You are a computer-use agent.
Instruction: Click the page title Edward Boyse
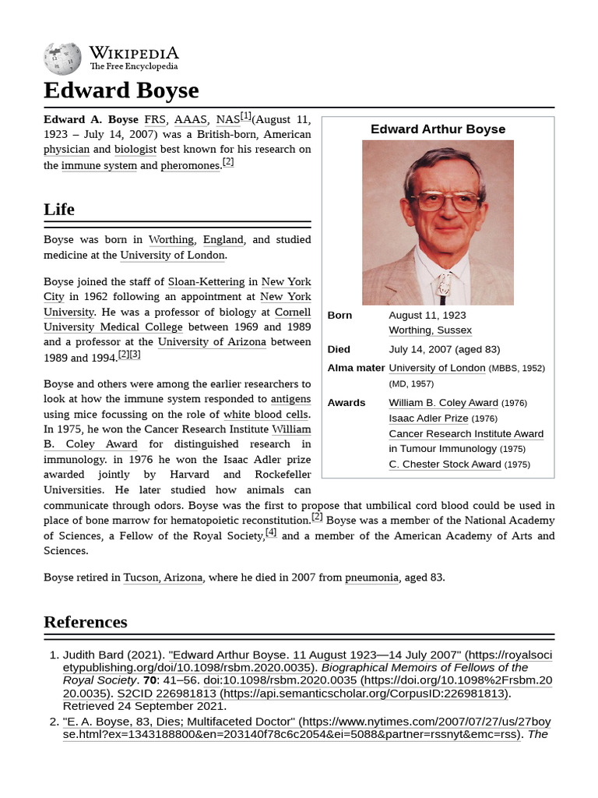click(x=121, y=90)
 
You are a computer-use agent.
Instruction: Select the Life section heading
click(x=59, y=209)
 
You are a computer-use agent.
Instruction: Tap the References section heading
click(x=86, y=622)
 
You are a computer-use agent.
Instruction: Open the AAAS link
click(x=191, y=120)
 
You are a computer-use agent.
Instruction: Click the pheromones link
click(x=191, y=165)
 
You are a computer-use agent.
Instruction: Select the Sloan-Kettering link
click(x=206, y=281)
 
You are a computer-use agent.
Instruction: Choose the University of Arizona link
click(x=212, y=342)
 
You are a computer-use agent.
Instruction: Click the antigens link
click(x=290, y=399)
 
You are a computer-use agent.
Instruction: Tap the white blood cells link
click(x=266, y=415)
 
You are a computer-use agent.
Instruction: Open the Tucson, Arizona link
click(x=164, y=577)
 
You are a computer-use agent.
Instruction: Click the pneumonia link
click(x=371, y=577)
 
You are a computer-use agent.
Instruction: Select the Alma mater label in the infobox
click(x=356, y=368)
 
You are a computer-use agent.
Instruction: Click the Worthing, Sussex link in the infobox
click(x=430, y=330)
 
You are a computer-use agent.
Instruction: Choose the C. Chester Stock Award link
click(x=445, y=464)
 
